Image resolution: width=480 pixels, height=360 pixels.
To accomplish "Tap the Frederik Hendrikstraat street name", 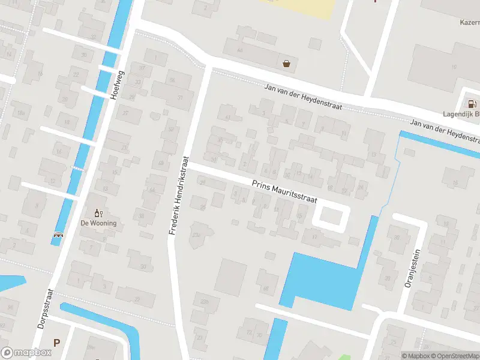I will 179,196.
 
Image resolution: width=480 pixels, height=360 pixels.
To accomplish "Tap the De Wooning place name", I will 98,223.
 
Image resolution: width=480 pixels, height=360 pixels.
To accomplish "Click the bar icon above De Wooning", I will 98,213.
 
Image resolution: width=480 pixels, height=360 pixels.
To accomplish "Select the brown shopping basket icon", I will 287,64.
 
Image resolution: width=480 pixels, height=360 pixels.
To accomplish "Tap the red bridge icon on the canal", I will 58,235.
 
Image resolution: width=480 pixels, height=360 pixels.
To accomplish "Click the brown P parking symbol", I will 56,343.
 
